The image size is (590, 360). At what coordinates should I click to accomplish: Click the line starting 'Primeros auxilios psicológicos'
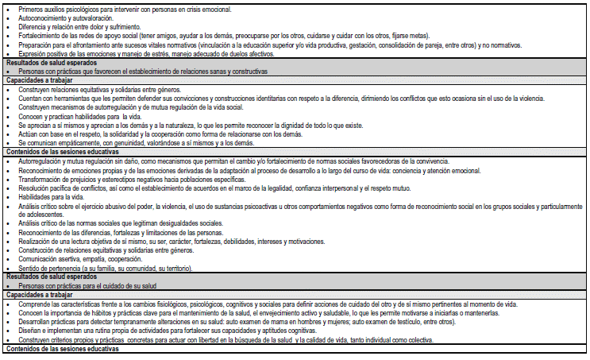119,8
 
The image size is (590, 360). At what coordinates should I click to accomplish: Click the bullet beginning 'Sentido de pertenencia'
103,269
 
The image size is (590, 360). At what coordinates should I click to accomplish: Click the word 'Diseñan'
29,331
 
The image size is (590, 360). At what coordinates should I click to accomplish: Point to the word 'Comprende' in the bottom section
33,304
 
